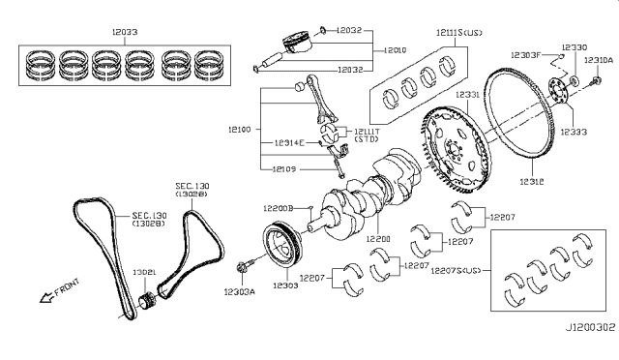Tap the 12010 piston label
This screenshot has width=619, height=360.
point(397,48)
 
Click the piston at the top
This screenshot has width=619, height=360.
point(300,46)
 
